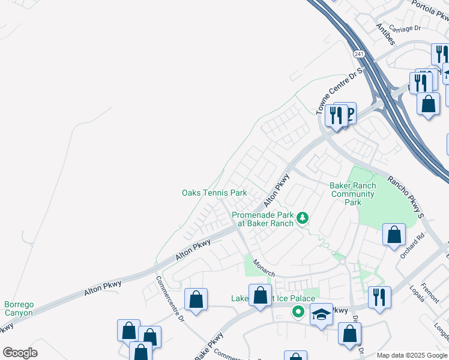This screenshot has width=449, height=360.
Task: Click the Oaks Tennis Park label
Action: point(214,193)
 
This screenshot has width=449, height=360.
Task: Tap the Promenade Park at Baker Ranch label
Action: point(262,219)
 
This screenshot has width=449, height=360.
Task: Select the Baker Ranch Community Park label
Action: point(353,194)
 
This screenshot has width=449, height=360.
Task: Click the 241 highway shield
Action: point(359,54)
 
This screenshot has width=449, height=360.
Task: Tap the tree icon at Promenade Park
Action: point(304,217)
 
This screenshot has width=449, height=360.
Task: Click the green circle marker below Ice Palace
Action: point(297,311)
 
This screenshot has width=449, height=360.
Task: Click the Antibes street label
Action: point(385,34)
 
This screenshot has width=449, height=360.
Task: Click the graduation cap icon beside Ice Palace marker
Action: point(321,315)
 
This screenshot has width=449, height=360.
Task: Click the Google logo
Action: point(20,353)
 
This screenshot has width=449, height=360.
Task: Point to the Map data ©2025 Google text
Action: point(412,356)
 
